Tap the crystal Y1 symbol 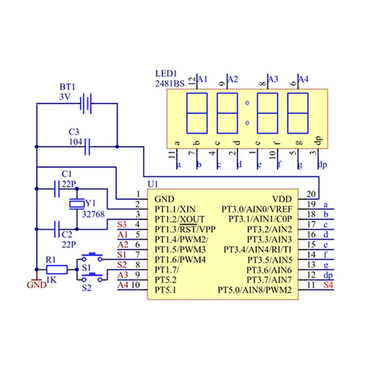pos(77,204)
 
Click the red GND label pos(37,285)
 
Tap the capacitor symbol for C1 pos(57,189)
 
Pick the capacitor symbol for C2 pos(57,229)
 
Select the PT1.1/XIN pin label pos(175,209)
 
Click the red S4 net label pos(328,286)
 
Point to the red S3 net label pos(122,225)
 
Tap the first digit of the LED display pos(197,113)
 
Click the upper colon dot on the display pos(247,103)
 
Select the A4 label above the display pos(304,79)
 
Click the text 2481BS pos(170,84)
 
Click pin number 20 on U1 pos(311,194)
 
